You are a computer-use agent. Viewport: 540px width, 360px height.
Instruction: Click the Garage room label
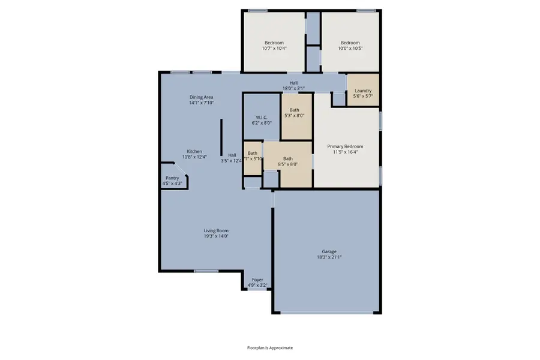point(328,251)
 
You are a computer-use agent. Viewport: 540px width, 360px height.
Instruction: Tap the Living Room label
point(216,230)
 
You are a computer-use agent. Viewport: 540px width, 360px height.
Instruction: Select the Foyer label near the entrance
point(257,280)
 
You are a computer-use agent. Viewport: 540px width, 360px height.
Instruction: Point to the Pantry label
point(172,178)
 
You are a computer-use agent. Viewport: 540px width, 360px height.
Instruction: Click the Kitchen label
point(194,151)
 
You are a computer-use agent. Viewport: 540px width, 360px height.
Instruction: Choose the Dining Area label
point(201,97)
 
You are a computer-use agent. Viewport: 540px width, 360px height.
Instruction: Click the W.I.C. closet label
point(261,117)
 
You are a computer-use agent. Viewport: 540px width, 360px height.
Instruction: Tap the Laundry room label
point(363,91)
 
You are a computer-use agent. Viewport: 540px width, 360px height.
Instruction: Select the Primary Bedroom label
point(344,146)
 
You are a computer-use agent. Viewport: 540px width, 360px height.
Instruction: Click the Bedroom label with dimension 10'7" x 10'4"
point(274,43)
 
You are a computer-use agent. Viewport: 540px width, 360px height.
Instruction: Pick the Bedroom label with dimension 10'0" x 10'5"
point(350,43)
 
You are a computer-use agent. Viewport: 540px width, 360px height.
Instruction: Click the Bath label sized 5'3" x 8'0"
point(294,110)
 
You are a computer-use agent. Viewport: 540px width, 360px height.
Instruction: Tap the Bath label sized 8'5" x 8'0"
point(288,159)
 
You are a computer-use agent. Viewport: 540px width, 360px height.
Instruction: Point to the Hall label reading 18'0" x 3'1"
point(293,83)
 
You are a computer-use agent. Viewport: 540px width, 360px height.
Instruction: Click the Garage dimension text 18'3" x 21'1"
point(328,257)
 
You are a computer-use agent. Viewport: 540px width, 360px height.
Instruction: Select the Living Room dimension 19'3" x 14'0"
point(216,236)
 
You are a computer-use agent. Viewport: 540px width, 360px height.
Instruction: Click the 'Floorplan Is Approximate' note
point(270,347)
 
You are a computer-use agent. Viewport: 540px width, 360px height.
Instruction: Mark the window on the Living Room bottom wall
point(206,271)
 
